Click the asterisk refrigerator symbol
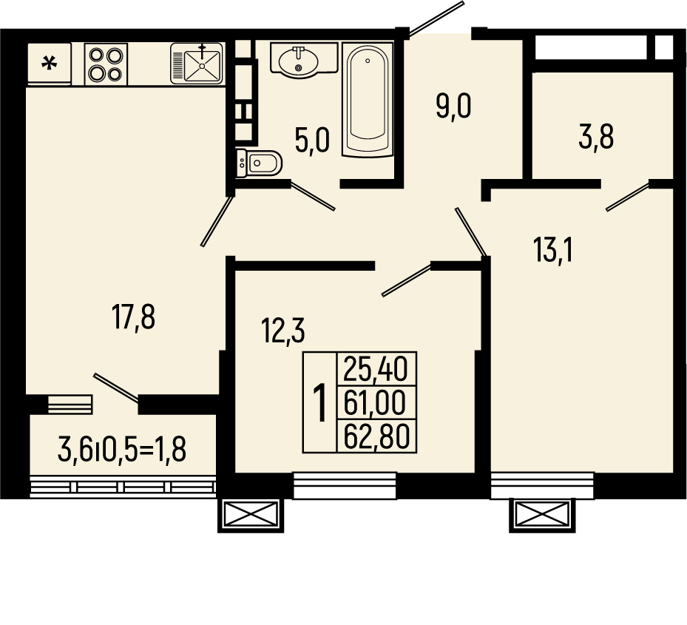(x=49, y=64)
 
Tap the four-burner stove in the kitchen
(x=106, y=64)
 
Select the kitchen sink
(x=197, y=63)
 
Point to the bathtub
(x=367, y=100)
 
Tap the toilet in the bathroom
(x=259, y=163)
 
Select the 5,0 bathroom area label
(x=312, y=141)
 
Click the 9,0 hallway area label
(x=453, y=107)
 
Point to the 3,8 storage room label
(x=596, y=137)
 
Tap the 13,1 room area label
(x=553, y=250)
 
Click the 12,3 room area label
(x=282, y=331)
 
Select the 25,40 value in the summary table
(x=376, y=369)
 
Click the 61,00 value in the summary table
(x=375, y=403)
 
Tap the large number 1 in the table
(x=321, y=403)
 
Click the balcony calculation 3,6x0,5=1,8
(x=122, y=450)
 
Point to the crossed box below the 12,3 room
(x=251, y=516)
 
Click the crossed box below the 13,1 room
(x=542, y=516)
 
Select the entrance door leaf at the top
(x=436, y=18)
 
